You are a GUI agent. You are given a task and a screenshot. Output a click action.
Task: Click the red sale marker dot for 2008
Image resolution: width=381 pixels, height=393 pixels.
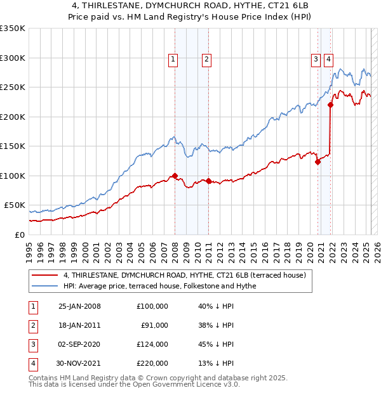(175, 176)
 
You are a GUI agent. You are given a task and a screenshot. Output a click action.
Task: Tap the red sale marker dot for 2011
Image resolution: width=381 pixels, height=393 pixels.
(208, 181)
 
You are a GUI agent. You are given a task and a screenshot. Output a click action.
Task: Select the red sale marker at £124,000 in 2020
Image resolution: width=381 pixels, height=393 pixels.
(317, 162)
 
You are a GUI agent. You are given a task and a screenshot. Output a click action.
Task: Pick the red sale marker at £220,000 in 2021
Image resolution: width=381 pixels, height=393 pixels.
(331, 105)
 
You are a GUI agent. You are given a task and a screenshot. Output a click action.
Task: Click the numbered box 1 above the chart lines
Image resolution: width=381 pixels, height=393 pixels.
(173, 60)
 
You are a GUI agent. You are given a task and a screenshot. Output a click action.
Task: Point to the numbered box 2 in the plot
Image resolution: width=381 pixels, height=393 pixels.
(207, 60)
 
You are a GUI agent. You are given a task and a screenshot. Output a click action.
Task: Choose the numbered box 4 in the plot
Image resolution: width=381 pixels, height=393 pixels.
(329, 60)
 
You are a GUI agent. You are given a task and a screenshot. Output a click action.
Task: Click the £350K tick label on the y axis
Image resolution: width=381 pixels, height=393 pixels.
(13, 29)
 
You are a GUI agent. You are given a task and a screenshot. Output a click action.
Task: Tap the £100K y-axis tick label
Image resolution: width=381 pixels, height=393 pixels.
(13, 176)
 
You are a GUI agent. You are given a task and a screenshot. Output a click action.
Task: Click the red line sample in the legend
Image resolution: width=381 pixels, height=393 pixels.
(44, 275)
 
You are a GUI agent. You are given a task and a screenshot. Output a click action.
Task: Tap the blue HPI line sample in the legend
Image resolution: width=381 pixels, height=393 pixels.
(44, 287)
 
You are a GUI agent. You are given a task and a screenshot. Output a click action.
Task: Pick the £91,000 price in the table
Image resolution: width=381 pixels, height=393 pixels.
(154, 325)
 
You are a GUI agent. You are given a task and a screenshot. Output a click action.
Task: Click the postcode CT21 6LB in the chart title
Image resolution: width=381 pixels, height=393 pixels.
(248, 5)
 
